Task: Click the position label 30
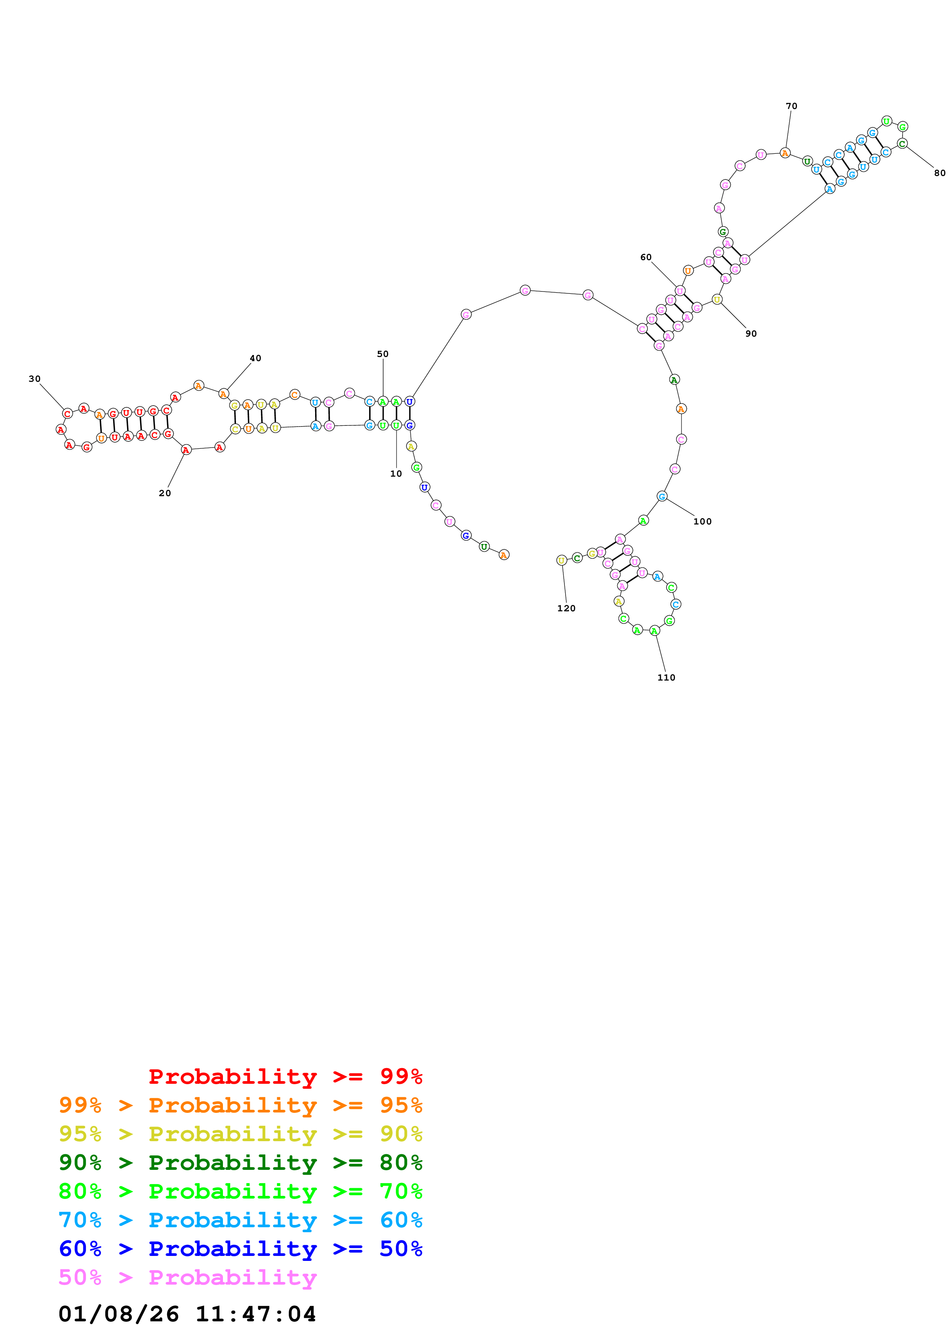[34, 379]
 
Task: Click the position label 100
[702, 521]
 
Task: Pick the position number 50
[382, 353]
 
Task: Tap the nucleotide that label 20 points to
[186, 450]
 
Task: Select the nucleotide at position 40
[223, 394]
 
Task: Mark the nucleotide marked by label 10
[396, 425]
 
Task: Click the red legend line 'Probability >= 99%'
[285, 1076]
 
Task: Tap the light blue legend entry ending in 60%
[240, 1220]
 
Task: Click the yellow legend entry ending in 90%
[240, 1134]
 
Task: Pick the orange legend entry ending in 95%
[240, 1105]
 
